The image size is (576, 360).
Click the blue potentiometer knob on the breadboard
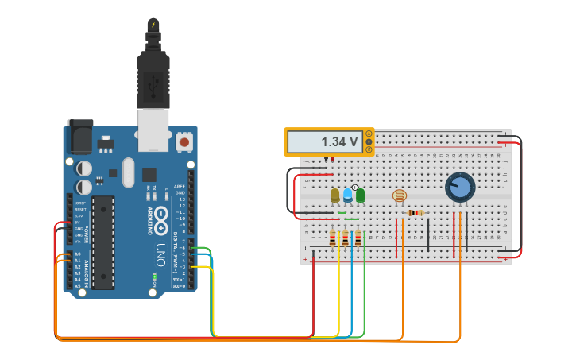[x=459, y=188]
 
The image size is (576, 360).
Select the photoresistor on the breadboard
[x=400, y=195]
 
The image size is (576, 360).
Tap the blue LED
[x=348, y=195]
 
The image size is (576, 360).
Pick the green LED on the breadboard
[x=360, y=195]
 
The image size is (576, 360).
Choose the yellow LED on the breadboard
[x=335, y=195]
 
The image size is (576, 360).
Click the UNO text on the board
[x=160, y=254]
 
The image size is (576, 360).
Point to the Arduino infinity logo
[x=161, y=216]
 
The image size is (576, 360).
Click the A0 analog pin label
[x=78, y=254]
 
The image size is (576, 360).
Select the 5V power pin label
[x=78, y=223]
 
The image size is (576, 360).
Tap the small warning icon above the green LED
[x=354, y=187]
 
